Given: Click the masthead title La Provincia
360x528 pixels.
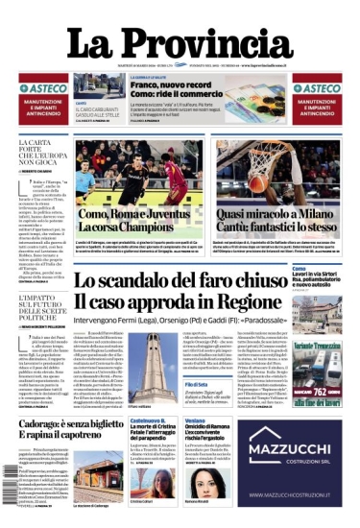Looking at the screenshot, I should (180, 46).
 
